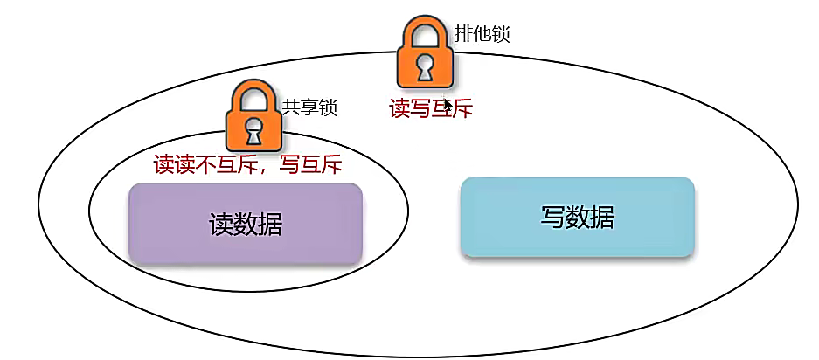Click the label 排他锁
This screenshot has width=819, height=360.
482,34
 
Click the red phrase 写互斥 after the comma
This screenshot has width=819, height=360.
309,164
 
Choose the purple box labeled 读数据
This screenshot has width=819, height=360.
245,223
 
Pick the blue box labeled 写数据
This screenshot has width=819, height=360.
577,217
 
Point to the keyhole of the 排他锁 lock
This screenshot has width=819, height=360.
424,66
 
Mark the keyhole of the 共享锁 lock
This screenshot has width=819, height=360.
253,131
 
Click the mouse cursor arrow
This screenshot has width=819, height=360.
448,105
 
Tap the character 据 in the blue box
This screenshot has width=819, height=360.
601,217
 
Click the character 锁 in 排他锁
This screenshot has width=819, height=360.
500,34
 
